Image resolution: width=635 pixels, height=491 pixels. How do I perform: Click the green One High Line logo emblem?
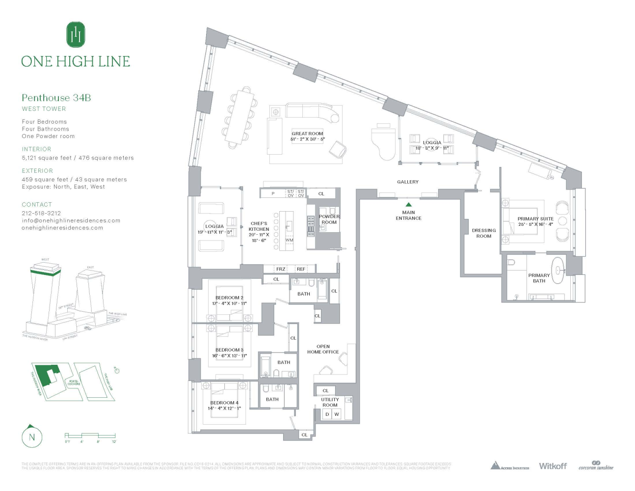pos(76,34)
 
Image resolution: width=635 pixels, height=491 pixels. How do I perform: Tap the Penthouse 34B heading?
pos(56,98)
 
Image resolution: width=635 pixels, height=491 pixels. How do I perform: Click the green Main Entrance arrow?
pos(408,205)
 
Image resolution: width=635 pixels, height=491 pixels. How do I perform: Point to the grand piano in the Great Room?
pos(384,142)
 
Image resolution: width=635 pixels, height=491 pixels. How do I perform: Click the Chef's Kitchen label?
pos(259,232)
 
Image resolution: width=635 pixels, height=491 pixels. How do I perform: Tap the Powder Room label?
pos(329,219)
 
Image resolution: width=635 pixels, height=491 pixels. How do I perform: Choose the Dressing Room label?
pos(483,233)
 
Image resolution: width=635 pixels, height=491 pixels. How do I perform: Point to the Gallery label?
pos(408,182)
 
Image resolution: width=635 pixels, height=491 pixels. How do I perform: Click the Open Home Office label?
pos(323,349)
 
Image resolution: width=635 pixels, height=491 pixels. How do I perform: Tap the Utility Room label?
pos(330,402)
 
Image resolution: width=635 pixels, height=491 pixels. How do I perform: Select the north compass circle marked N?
pos(32,437)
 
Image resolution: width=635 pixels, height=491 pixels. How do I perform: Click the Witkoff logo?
pos(553,466)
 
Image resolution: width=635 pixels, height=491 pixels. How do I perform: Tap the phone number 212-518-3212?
pos(41,213)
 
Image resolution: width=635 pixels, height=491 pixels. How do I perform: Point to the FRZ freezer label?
pos(281,269)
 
